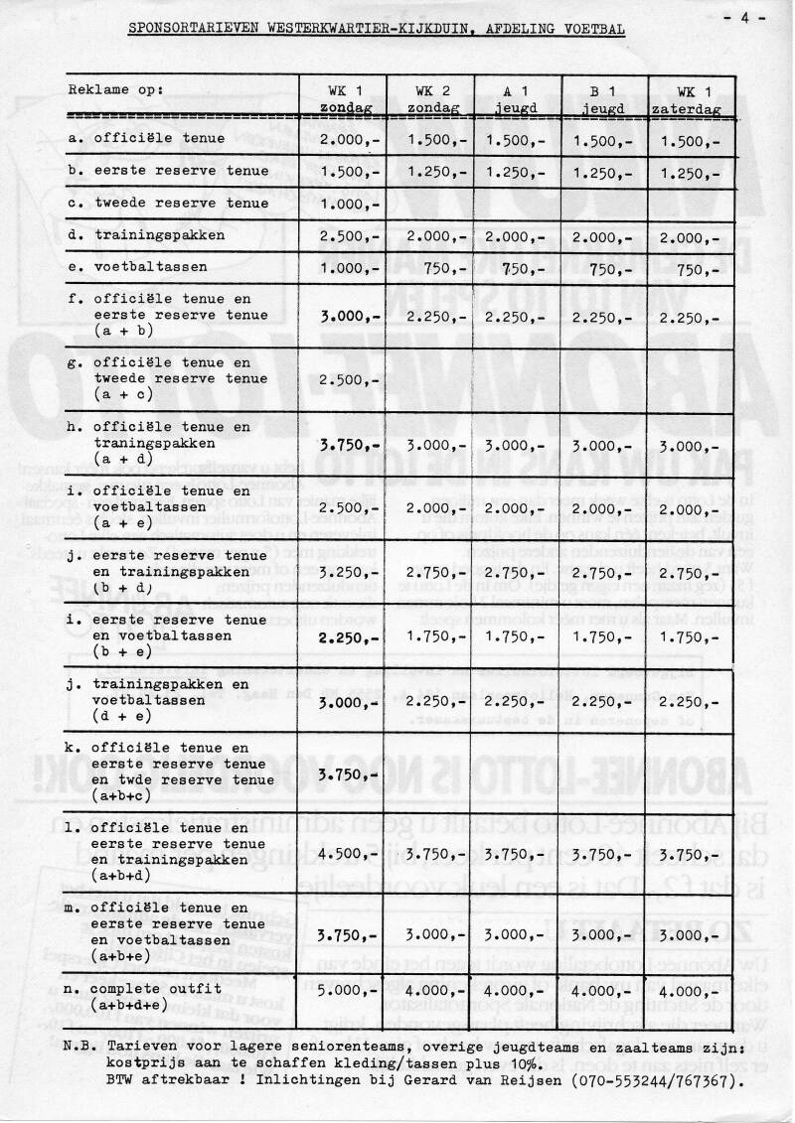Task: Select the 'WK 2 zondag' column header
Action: tap(430, 97)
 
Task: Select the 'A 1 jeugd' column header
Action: tap(518, 97)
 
